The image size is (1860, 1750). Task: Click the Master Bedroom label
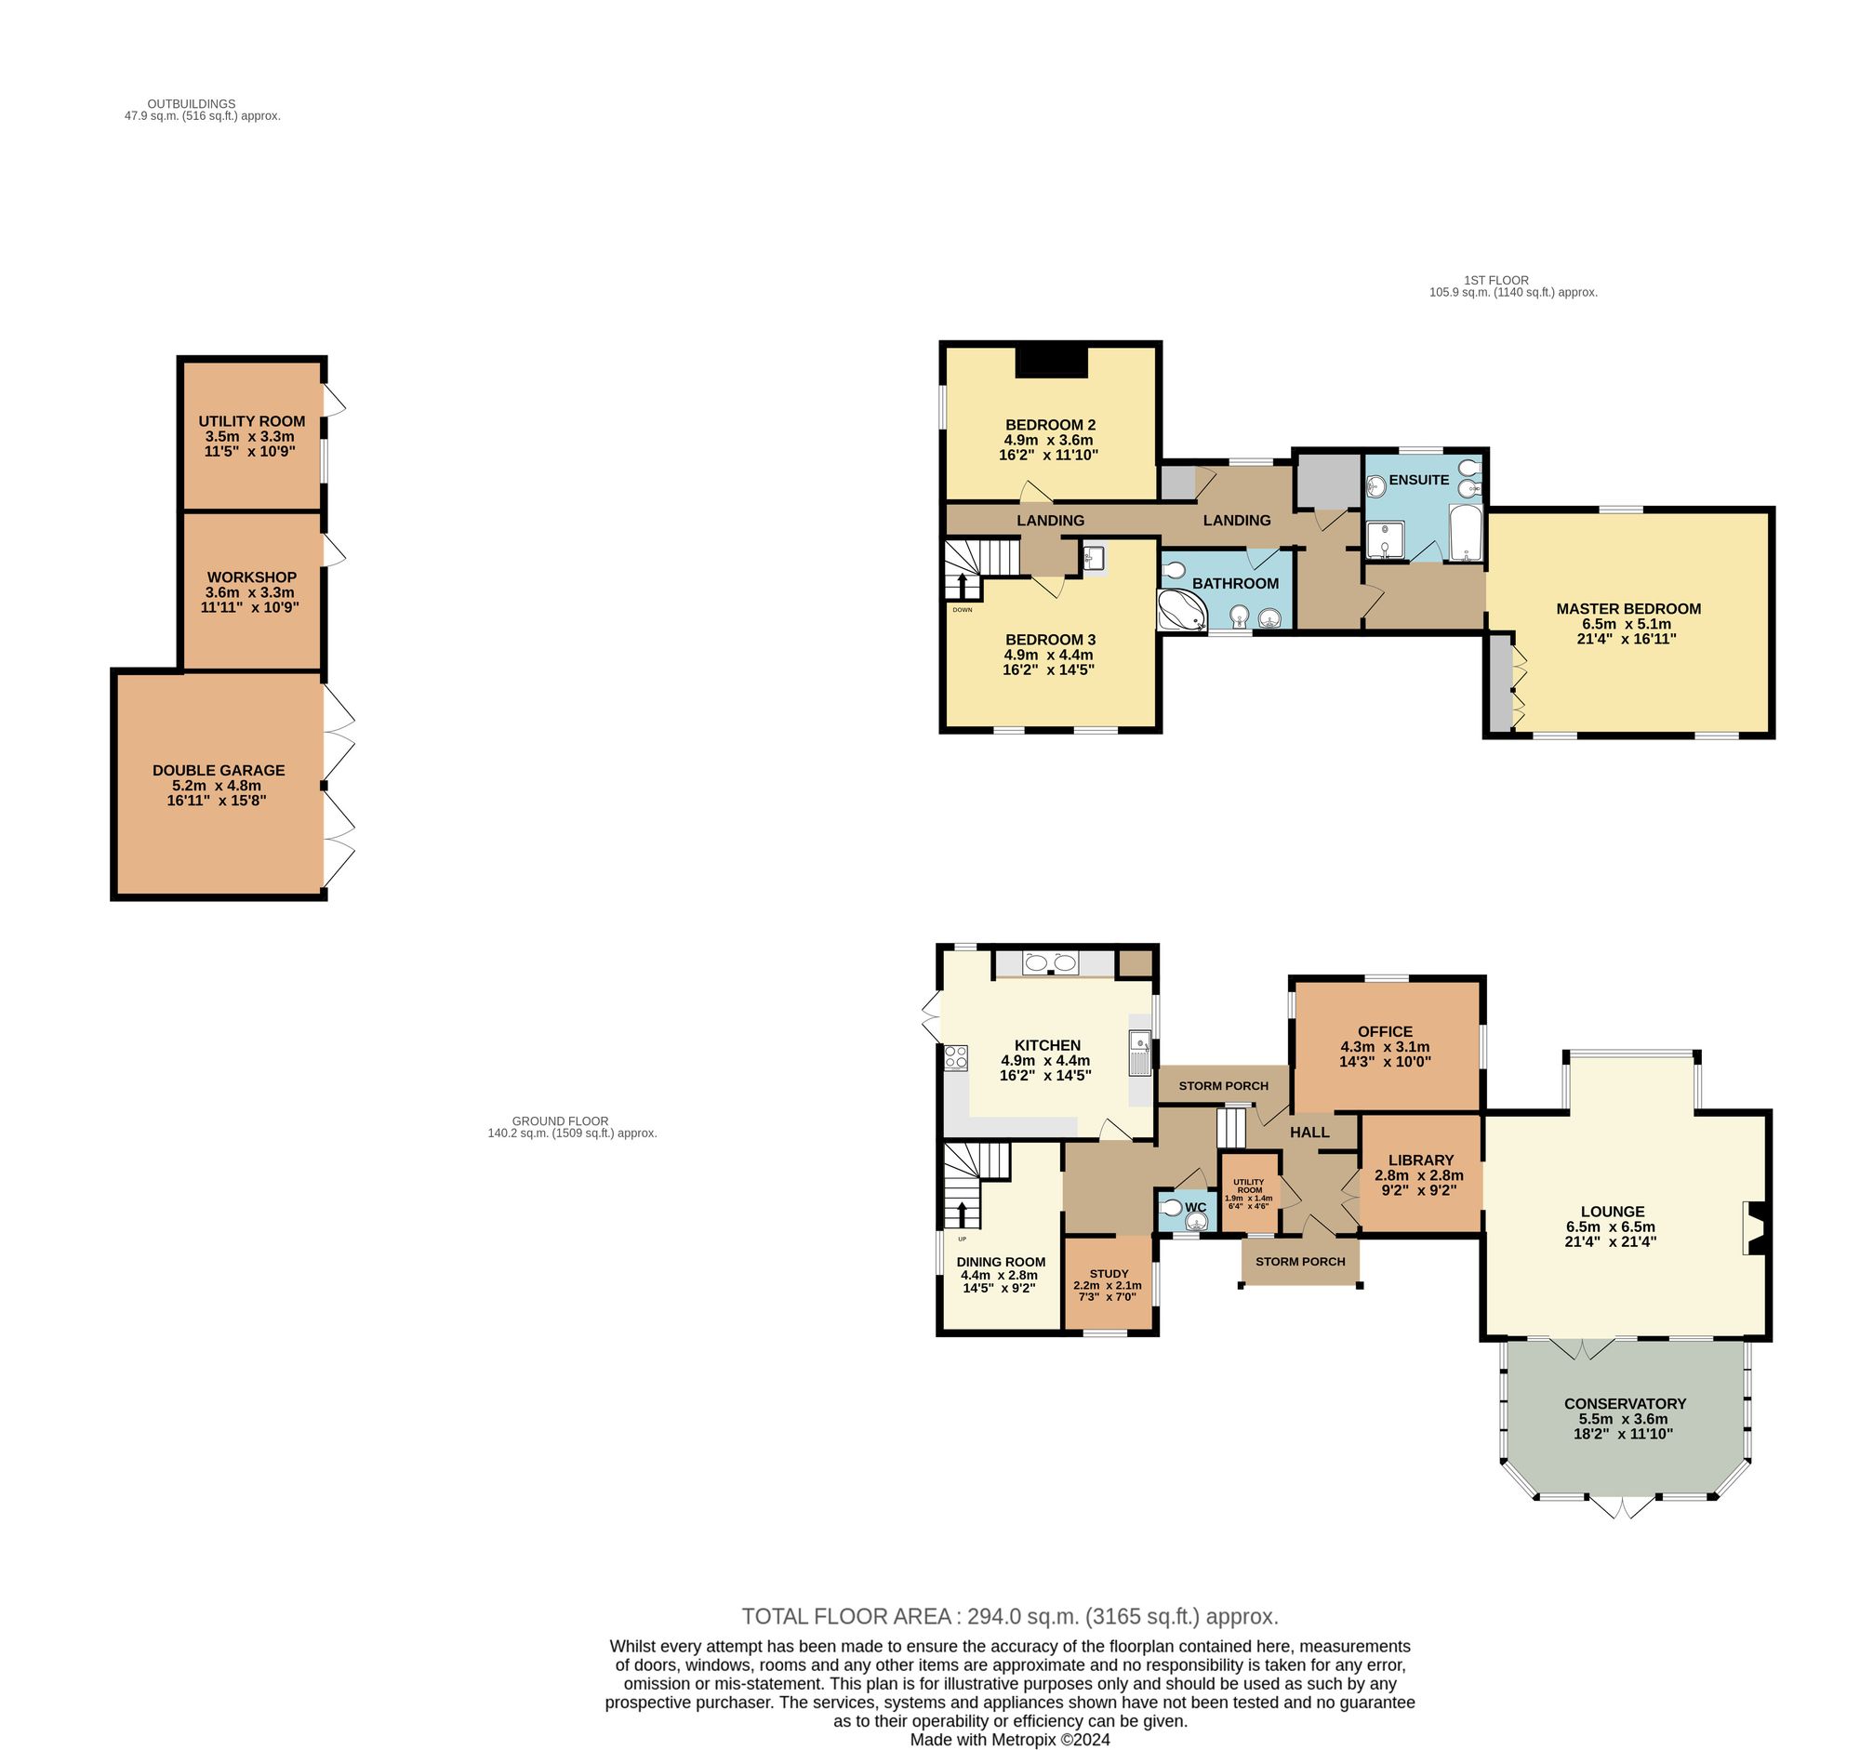click(1628, 608)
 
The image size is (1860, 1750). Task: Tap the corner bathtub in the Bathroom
click(1181, 611)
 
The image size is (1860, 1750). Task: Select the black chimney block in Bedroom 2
click(1052, 361)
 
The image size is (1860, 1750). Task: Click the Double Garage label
click(218, 770)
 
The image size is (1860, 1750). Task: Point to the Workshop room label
click(252, 577)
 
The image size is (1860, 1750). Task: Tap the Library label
click(1420, 1160)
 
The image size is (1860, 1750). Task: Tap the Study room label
click(1109, 1273)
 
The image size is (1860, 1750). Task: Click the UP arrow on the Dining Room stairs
click(962, 1215)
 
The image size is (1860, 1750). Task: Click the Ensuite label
click(1418, 480)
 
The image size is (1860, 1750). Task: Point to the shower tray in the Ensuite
click(1383, 539)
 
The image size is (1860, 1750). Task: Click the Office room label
click(1385, 1031)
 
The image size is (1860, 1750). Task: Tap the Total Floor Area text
click(1010, 1616)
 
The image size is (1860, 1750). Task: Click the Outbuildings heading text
click(192, 104)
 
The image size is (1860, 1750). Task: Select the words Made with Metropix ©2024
click(1010, 1740)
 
